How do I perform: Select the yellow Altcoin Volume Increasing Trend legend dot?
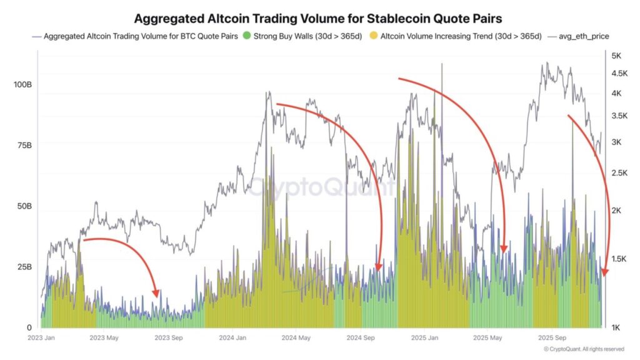[x=374, y=36]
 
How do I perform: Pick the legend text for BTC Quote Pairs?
[x=139, y=36]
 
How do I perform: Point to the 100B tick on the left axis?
[x=22, y=84]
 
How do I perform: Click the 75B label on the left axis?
[x=24, y=145]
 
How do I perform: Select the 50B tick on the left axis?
[x=24, y=206]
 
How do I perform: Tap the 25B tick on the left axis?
[x=24, y=267]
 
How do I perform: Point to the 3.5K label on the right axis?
[x=619, y=116]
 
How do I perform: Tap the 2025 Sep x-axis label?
[x=552, y=338]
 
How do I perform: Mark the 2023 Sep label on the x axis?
[x=169, y=338]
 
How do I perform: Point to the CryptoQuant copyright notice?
[x=583, y=349]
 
